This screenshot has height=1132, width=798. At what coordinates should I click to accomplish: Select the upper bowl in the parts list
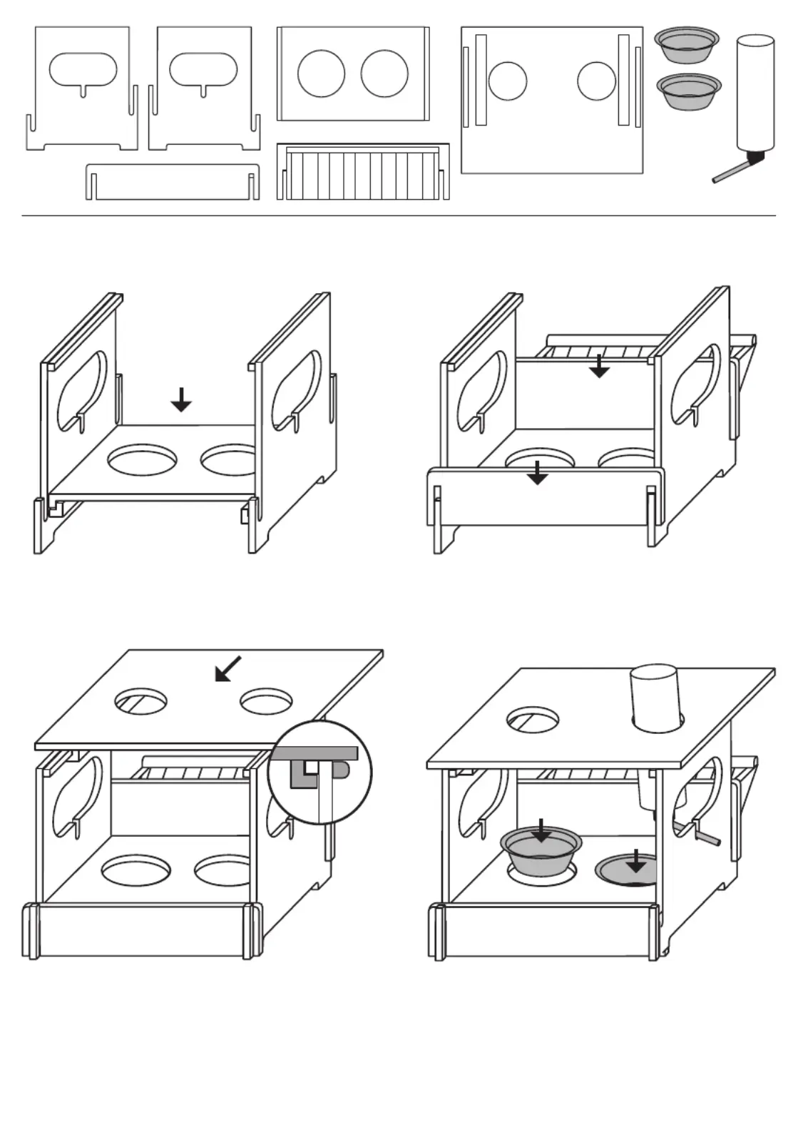point(687,45)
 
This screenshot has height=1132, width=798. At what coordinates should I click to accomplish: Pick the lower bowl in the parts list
point(687,91)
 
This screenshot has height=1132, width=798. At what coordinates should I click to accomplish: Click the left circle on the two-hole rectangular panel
point(321,74)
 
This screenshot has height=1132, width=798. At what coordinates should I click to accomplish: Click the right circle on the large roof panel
point(596,81)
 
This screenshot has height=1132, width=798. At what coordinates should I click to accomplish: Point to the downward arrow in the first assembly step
point(182,400)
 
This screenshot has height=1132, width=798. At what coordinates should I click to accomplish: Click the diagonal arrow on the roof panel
point(228,669)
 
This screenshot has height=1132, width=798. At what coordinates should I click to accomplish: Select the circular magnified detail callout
point(320,772)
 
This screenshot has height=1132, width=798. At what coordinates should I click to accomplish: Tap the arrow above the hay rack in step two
point(600,365)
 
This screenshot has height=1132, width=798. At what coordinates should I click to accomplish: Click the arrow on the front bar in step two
point(538,473)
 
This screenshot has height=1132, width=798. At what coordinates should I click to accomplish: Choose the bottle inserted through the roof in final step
point(655,698)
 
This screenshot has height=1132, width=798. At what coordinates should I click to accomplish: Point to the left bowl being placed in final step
point(541,852)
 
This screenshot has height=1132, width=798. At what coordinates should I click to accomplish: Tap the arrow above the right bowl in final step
point(635,861)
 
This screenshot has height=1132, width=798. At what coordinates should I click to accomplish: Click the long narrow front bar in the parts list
point(172,181)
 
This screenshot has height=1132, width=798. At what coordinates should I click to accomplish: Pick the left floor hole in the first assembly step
point(143,460)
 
